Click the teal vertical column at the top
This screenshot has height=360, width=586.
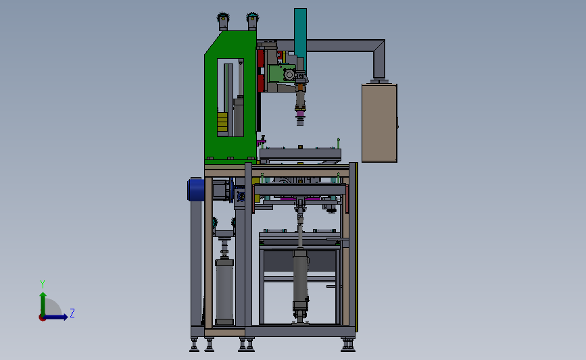pyautogui.click(x=300, y=37)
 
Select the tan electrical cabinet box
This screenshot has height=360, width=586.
pyautogui.click(x=379, y=123)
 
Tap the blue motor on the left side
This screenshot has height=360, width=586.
pyautogui.click(x=196, y=190)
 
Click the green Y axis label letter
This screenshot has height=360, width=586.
pyautogui.click(x=43, y=284)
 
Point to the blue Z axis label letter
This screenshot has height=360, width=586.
pyautogui.click(x=72, y=313)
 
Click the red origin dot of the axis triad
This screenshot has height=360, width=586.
pyautogui.click(x=42, y=317)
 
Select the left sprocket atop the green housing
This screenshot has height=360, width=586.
pyautogui.click(x=223, y=18)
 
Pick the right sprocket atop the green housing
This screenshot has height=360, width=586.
pyautogui.click(x=253, y=18)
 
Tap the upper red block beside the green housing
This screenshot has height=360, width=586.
pyautogui.click(x=261, y=58)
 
